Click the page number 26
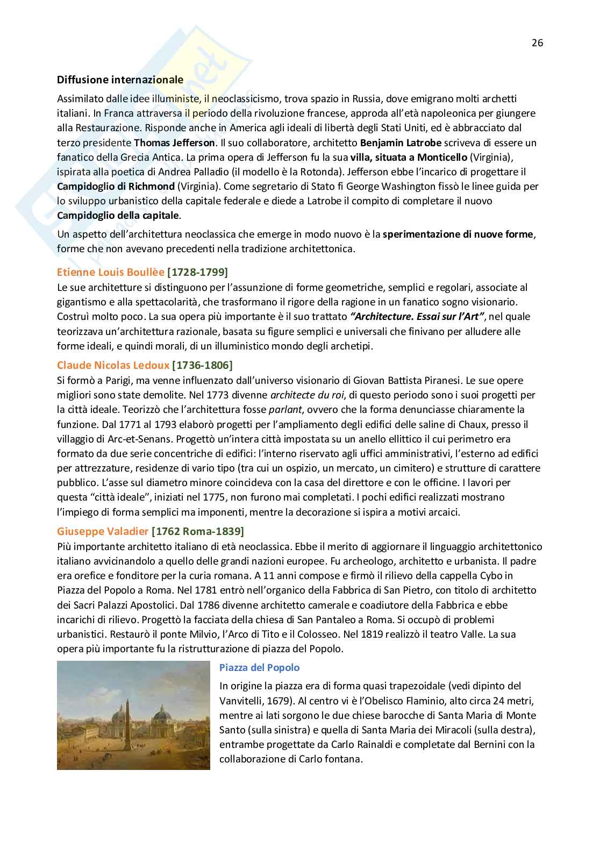tap(537, 43)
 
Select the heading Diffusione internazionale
tap(120, 80)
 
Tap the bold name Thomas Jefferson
tap(174, 143)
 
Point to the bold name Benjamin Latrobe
tap(401, 143)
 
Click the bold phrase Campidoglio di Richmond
tap(116, 187)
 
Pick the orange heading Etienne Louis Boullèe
tap(111, 272)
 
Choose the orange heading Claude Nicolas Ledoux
tap(113, 366)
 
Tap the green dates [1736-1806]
tap(202, 366)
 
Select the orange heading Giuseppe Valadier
tap(103, 532)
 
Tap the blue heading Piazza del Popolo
tap(259, 668)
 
